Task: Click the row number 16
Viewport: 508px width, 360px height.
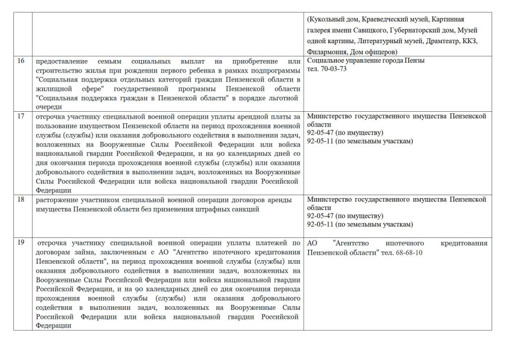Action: pos(21,61)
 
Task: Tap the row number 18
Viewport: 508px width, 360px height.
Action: pos(21,200)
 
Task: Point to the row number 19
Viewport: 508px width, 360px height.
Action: pos(21,243)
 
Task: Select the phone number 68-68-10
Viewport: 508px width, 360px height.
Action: pos(410,252)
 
